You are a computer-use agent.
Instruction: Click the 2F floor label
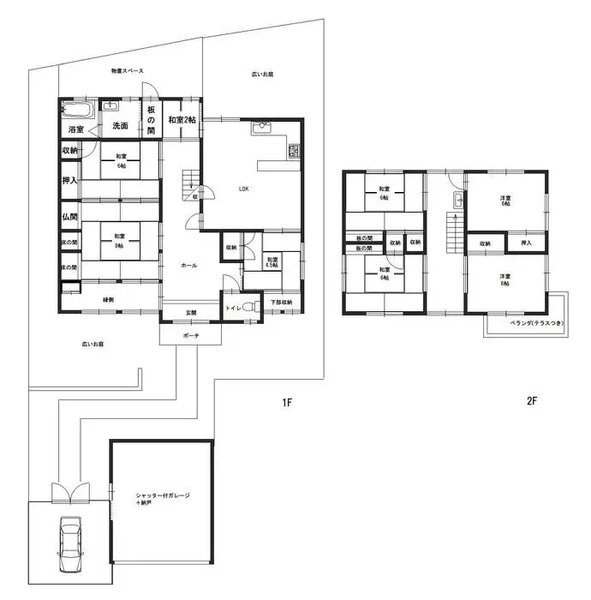(x=532, y=401)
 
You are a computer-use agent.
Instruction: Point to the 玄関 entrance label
(x=190, y=313)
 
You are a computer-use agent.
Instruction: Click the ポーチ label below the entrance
(x=190, y=336)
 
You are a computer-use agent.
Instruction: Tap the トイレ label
(x=232, y=307)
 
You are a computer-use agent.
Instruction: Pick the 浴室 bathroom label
(x=75, y=129)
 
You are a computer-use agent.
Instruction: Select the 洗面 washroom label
(x=120, y=126)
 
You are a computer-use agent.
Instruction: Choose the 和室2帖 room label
(x=182, y=121)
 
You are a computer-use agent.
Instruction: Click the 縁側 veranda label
(x=109, y=299)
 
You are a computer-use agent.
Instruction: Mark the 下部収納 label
(x=282, y=303)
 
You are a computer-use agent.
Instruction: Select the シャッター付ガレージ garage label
(x=163, y=499)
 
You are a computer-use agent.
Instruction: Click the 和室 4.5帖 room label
(x=272, y=262)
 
